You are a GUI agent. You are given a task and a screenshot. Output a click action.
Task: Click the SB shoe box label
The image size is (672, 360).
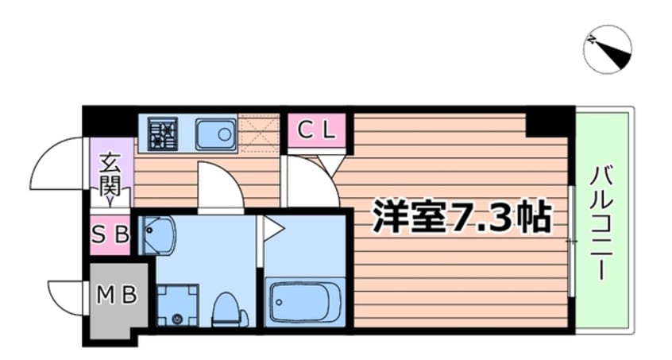pyautogui.click(x=110, y=234)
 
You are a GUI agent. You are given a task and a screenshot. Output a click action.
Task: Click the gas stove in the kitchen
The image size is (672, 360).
pyautogui.click(x=164, y=134)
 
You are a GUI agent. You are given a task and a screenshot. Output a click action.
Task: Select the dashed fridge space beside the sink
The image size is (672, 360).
pyautogui.click(x=260, y=132)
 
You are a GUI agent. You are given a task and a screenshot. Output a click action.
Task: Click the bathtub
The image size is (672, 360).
pyautogui.click(x=304, y=302)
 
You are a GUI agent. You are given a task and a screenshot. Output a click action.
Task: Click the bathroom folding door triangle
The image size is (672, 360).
pyautogui.click(x=272, y=230)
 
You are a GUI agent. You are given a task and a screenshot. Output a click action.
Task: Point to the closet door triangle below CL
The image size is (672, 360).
pyautogui.click(x=330, y=164)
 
